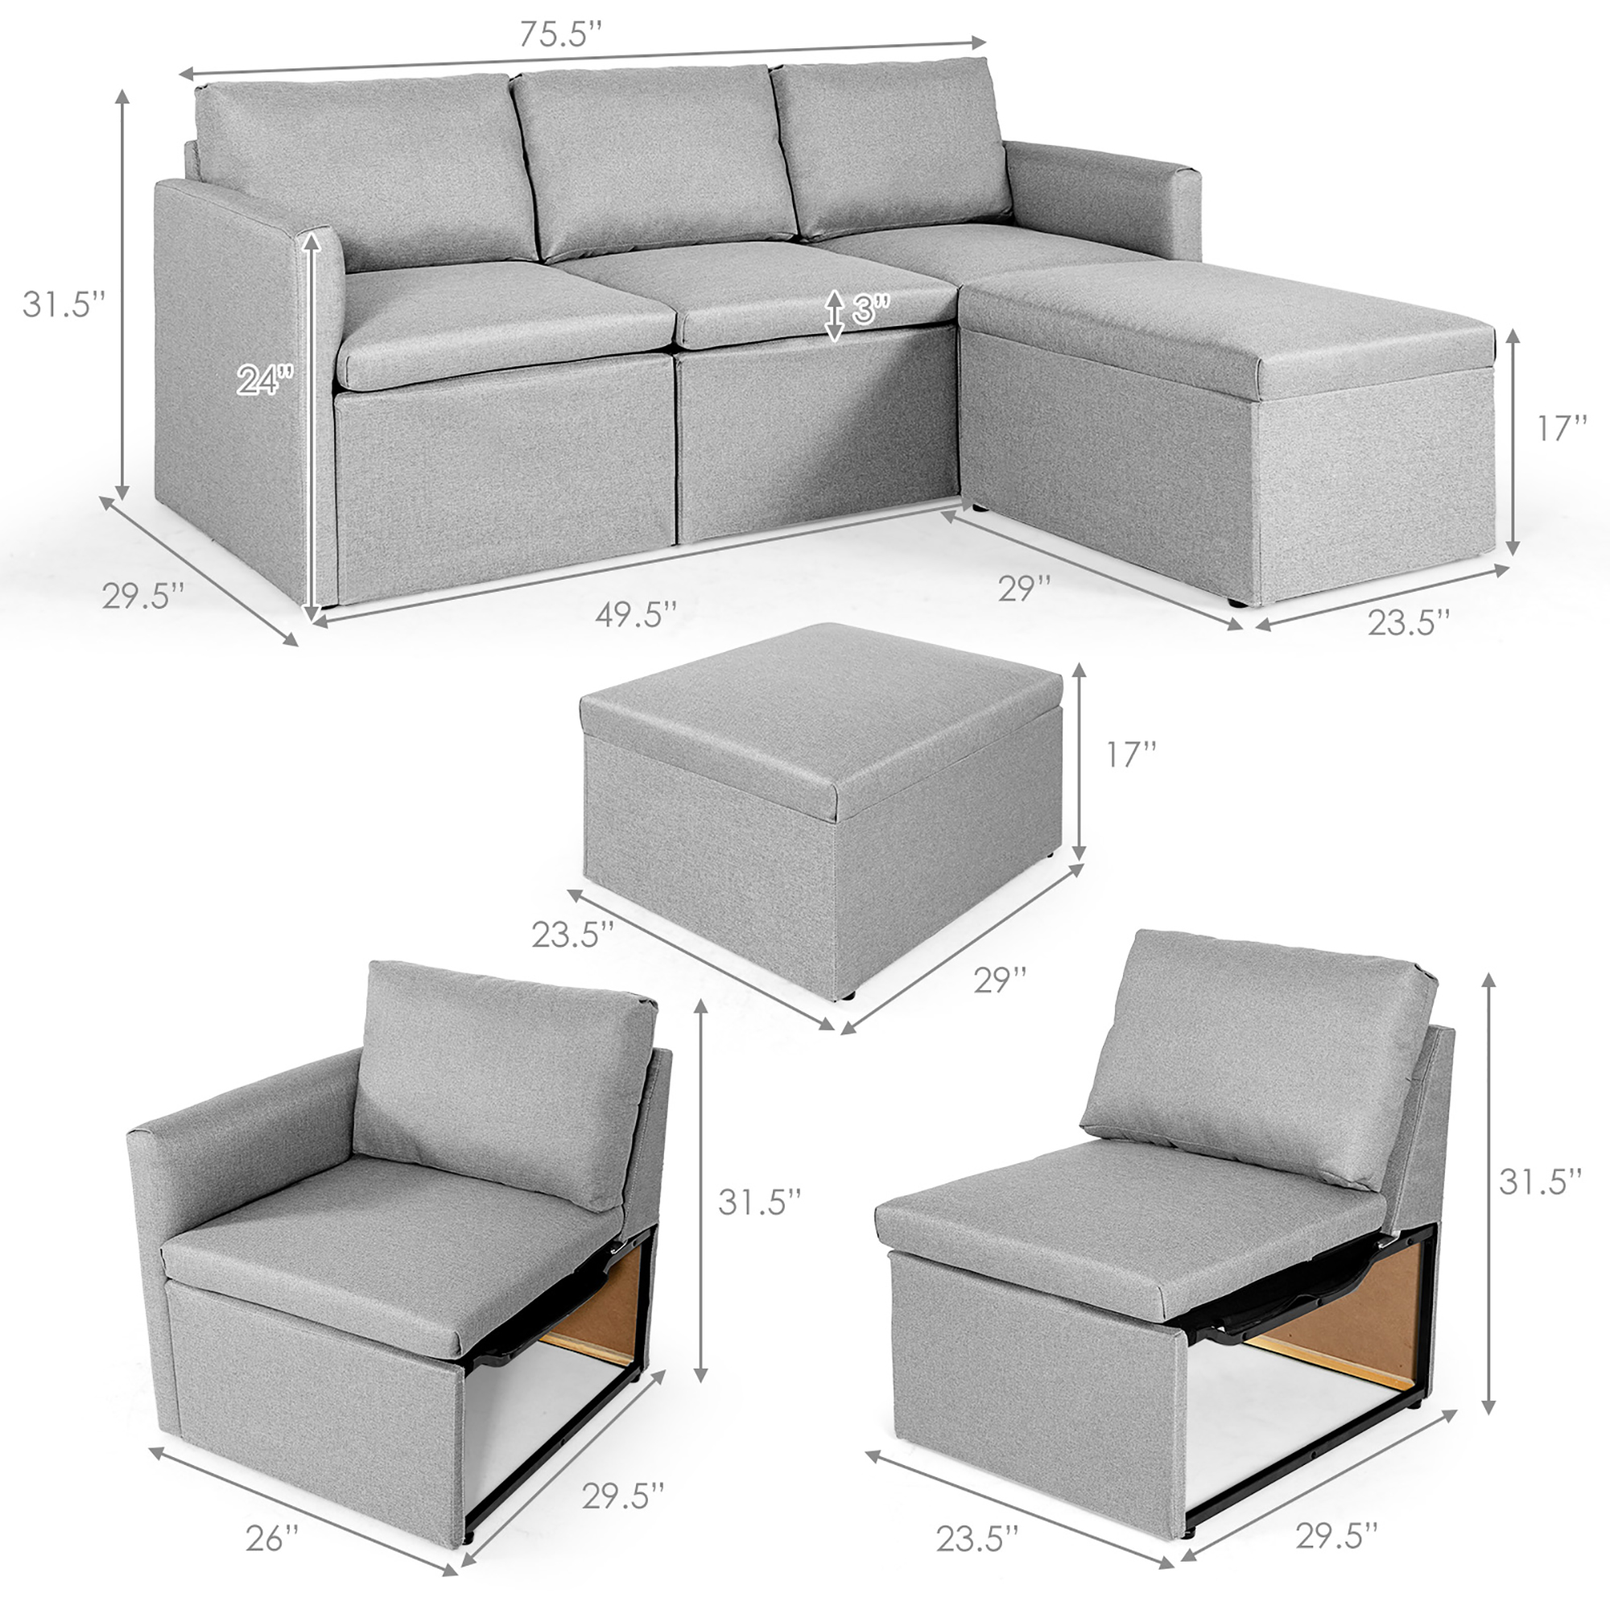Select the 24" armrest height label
[x=266, y=380]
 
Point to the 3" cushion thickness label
[x=871, y=310]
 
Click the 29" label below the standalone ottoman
[x=1000, y=979]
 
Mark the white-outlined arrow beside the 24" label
[x=312, y=425]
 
